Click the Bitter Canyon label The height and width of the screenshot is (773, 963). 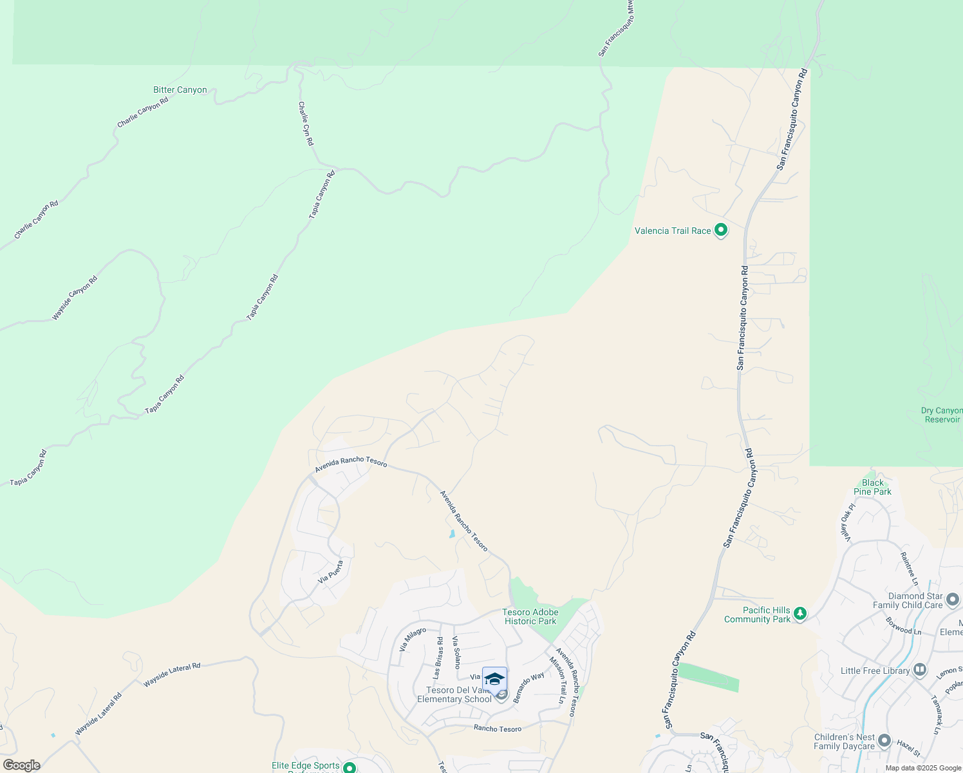(x=180, y=90)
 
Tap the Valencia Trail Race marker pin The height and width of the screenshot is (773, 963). (x=721, y=230)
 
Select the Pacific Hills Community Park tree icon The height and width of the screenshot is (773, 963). (x=800, y=614)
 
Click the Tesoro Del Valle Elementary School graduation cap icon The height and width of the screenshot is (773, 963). (x=494, y=680)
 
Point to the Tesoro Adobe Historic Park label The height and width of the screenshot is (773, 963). (x=530, y=617)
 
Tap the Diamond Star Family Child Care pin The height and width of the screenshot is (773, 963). (x=953, y=600)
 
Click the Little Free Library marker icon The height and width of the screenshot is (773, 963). (x=920, y=671)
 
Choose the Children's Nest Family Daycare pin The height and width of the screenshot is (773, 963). (x=884, y=741)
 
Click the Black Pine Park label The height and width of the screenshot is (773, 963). (x=873, y=487)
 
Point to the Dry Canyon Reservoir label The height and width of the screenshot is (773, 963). (x=942, y=415)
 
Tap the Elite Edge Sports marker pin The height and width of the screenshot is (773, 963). (x=350, y=767)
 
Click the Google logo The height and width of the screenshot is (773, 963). (x=21, y=765)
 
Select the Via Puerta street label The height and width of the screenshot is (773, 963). (x=331, y=571)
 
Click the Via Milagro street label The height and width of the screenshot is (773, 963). (x=413, y=638)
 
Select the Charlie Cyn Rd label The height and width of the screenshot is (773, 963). (x=306, y=123)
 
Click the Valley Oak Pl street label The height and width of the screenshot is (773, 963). (x=848, y=522)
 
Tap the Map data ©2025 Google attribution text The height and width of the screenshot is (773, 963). (x=922, y=768)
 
